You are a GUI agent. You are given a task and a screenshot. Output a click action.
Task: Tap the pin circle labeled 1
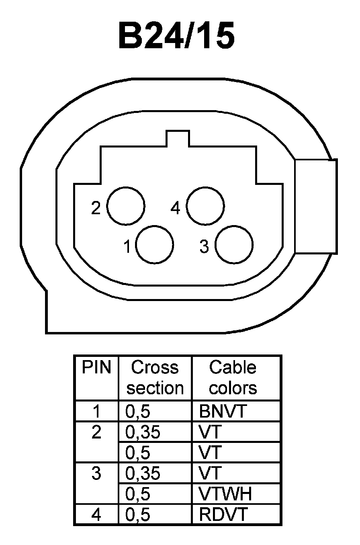[x=155, y=244]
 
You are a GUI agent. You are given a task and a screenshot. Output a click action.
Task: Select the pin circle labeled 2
[x=126, y=206]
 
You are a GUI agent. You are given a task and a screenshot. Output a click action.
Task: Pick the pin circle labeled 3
[x=234, y=244]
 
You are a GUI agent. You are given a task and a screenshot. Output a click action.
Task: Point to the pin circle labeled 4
[x=205, y=206]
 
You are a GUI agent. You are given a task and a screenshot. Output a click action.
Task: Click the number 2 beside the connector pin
[x=96, y=208]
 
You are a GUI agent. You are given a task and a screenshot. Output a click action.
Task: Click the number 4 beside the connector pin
[x=175, y=208]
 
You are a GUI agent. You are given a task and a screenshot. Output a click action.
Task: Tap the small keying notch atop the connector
[x=178, y=139]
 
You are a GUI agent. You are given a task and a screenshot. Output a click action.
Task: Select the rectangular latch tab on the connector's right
[x=315, y=206]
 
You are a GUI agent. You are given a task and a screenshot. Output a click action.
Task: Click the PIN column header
[x=96, y=367]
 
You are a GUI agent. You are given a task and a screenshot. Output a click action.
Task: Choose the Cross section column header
[x=155, y=377]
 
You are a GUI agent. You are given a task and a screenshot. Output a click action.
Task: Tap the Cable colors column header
[x=233, y=377]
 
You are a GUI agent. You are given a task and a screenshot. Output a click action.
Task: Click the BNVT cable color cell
[x=222, y=412]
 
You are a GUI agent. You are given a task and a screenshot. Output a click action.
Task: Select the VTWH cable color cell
[x=225, y=494]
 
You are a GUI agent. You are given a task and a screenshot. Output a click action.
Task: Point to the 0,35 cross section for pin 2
[x=143, y=432]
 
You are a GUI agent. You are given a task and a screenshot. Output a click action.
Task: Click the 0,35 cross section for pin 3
[x=143, y=473]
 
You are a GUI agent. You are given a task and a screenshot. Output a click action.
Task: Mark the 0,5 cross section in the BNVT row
[x=138, y=412]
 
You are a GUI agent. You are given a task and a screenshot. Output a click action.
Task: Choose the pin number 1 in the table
[x=96, y=412]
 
